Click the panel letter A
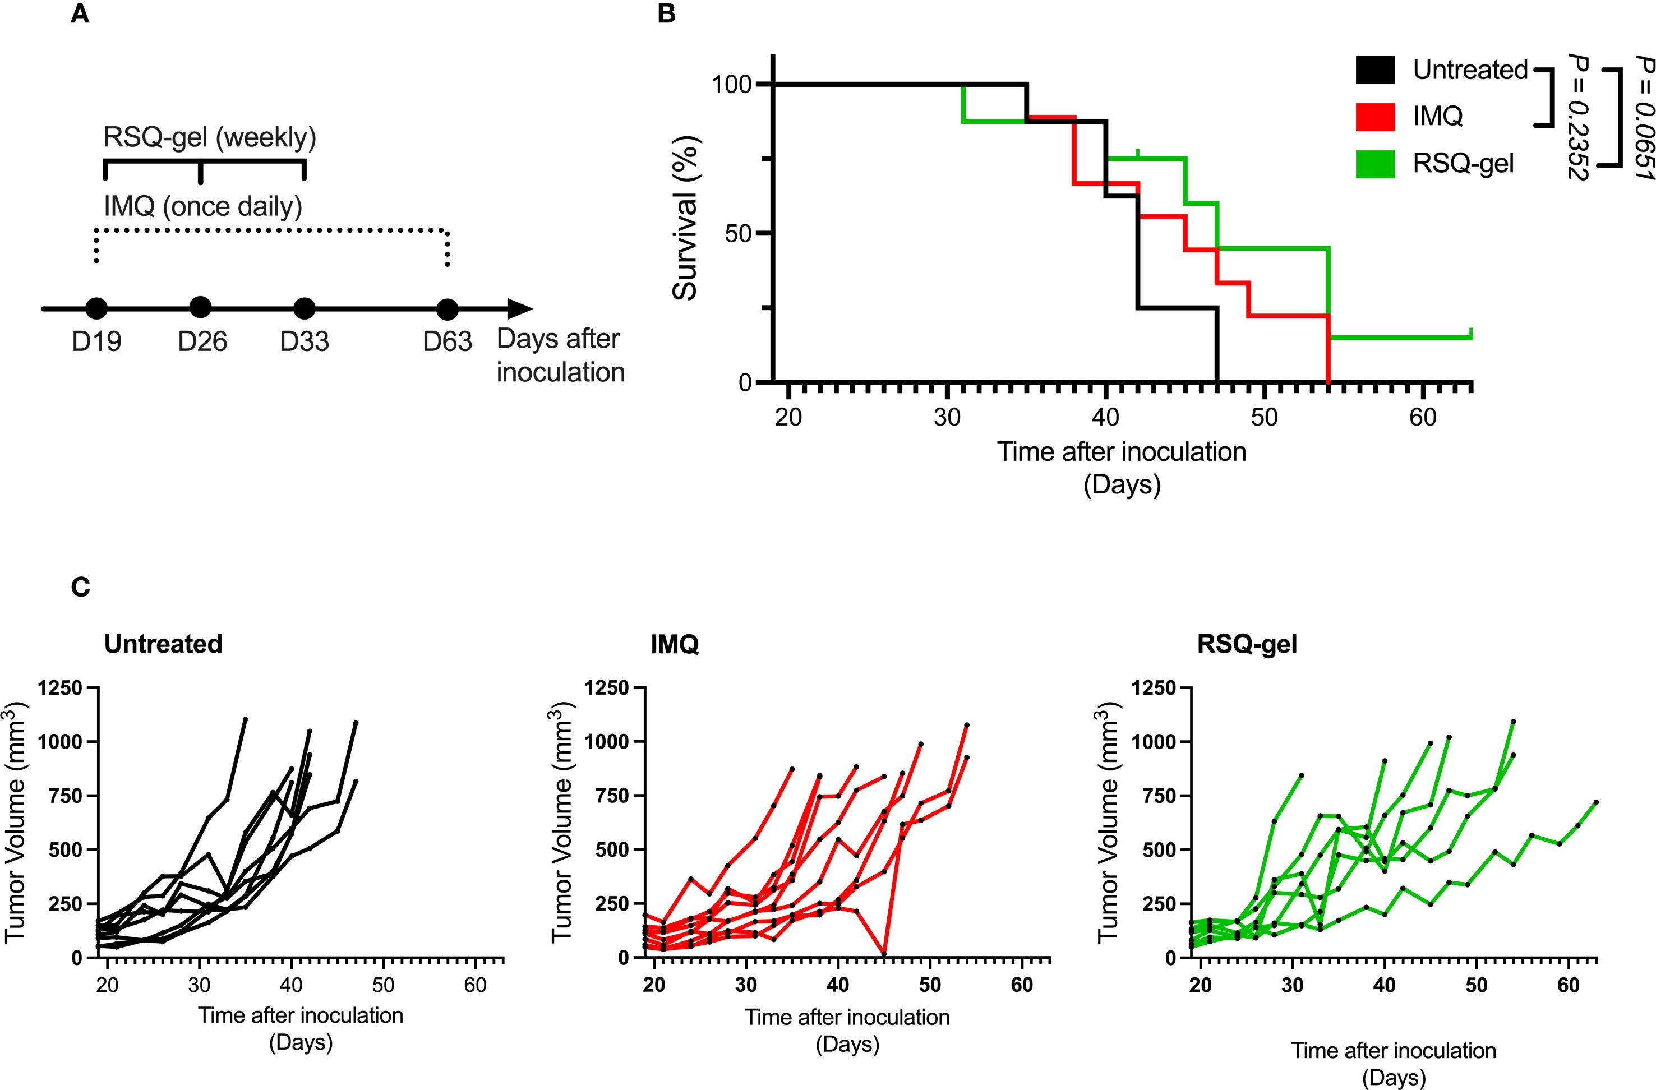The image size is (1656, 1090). pos(80,15)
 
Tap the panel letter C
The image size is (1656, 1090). pos(81,588)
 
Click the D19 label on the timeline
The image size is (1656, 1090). pos(96,341)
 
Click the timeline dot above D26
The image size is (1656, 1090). pos(200,307)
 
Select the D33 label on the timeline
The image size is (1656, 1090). pos(304,341)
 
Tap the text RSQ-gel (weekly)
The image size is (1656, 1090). pos(209,138)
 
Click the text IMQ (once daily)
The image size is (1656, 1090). pos(202,206)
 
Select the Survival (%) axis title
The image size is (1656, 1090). pos(686,218)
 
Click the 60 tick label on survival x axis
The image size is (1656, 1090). pos(1422,417)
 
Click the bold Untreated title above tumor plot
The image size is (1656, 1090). pos(163,644)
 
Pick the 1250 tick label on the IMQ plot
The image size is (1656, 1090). pos(607,688)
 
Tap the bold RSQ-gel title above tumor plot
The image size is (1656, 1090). pos(1246,644)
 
